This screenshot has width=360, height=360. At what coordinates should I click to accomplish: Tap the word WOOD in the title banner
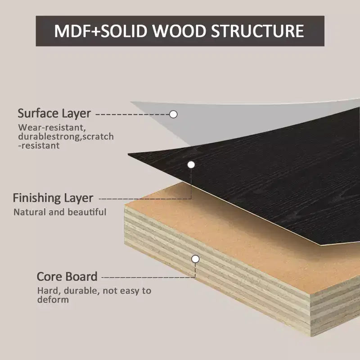pyautogui.click(x=179, y=31)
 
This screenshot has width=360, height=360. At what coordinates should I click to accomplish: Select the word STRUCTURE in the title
pyautogui.click(x=257, y=31)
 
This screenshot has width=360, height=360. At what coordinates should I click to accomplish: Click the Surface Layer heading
pyautogui.click(x=54, y=114)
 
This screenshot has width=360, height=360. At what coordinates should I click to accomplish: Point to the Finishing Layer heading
pyautogui.click(x=53, y=198)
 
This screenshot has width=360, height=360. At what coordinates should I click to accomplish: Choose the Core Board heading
pyautogui.click(x=67, y=276)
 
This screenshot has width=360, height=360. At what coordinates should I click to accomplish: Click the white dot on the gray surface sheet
pyautogui.click(x=173, y=114)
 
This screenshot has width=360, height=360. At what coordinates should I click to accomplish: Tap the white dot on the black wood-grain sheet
pyautogui.click(x=191, y=165)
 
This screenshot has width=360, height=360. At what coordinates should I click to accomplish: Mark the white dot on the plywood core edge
pyautogui.click(x=195, y=259)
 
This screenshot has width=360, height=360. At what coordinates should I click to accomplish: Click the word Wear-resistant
pyautogui.click(x=52, y=127)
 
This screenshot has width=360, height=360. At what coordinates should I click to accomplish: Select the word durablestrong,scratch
pyautogui.click(x=66, y=136)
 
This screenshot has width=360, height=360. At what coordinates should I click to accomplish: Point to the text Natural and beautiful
pyautogui.click(x=60, y=212)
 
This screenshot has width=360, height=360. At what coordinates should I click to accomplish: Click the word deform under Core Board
pyautogui.click(x=53, y=300)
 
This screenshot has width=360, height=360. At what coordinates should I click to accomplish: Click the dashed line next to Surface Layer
pyautogui.click(x=132, y=114)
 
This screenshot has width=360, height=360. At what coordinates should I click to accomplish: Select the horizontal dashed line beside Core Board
pyautogui.click(x=148, y=278)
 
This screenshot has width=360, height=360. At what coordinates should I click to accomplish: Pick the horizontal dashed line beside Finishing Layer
pyautogui.click(x=145, y=199)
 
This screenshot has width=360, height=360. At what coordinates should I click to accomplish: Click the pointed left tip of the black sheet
pyautogui.click(x=128, y=155)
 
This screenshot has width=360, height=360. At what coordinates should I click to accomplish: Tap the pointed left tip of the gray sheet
pyautogui.click(x=131, y=102)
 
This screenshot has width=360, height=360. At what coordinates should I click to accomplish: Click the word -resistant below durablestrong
pyautogui.click(x=39, y=145)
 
